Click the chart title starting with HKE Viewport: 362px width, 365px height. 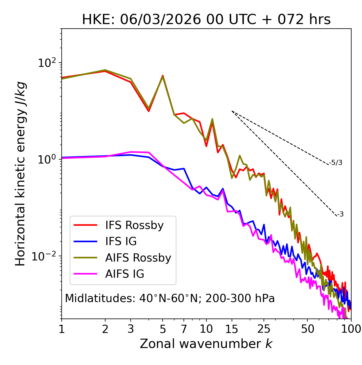pos(206,20)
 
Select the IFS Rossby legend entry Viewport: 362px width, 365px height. pos(134,225)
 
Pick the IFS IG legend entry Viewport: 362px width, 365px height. pos(121,241)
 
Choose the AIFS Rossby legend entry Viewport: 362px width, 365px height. pos(138,258)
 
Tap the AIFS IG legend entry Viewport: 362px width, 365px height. pos(125,274)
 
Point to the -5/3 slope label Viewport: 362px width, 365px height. pos(336,163)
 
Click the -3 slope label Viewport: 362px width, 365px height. pos(340,215)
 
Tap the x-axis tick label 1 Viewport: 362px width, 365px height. pos(62,329)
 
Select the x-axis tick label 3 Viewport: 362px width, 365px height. pos(131,329)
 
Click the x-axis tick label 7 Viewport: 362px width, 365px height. pos(184,329)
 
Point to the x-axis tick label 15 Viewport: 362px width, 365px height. pos(232,329)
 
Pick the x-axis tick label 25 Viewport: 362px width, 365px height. pos(264,329)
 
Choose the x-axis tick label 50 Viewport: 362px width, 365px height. pos(307,329)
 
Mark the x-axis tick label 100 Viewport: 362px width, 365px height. pos(351,329)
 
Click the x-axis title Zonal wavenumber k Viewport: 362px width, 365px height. pos(206,344)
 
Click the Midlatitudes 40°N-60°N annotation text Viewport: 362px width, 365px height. pos(170,298)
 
